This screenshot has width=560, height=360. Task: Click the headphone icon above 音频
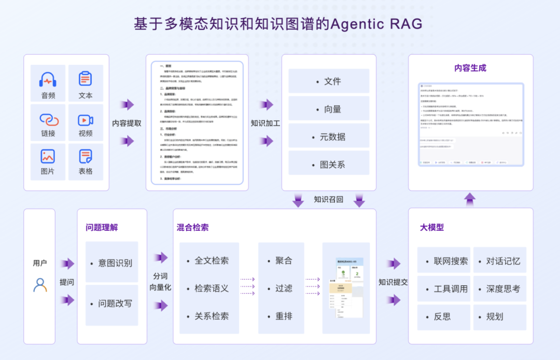pyautogui.click(x=48, y=80)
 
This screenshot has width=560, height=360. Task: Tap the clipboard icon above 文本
pyautogui.click(x=86, y=79)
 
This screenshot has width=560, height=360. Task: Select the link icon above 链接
pyautogui.click(x=48, y=119)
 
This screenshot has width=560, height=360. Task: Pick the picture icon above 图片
pyautogui.click(x=48, y=156)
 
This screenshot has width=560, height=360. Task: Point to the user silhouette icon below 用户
pyautogui.click(x=40, y=285)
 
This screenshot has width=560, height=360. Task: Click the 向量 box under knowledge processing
pyautogui.click(x=329, y=108)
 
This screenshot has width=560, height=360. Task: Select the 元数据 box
pyautogui.click(x=329, y=136)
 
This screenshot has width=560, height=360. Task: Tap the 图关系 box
pyautogui.click(x=329, y=164)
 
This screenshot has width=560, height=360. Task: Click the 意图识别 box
pyautogui.click(x=112, y=262)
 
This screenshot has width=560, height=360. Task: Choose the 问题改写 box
pyautogui.click(x=112, y=303)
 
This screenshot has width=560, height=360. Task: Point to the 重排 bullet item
pyautogui.click(x=284, y=316)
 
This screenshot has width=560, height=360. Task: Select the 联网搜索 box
pyautogui.click(x=444, y=261)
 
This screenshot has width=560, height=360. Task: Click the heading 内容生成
pyautogui.click(x=470, y=68)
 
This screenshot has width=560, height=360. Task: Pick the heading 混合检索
pyautogui.click(x=193, y=227)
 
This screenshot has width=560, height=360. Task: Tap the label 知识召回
pyautogui.click(x=328, y=199)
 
